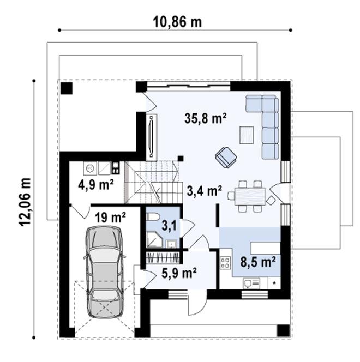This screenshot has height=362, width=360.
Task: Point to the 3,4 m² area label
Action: coord(204,191)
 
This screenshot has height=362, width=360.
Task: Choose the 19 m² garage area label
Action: coord(111,218)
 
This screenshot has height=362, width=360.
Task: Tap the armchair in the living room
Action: coord(225,157)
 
